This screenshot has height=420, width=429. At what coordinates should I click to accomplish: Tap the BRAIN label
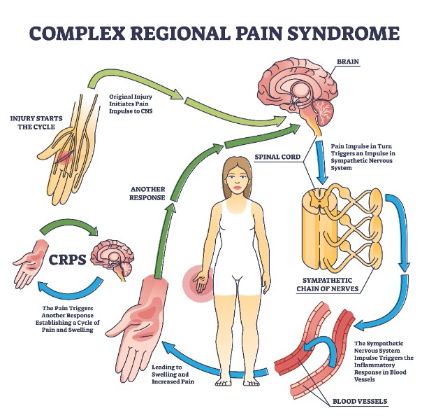point(348,62)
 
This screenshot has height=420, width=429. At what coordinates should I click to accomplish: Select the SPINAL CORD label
point(277,157)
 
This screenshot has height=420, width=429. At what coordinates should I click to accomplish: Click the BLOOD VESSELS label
point(360,402)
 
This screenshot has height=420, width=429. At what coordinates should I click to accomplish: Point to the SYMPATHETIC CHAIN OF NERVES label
point(328,285)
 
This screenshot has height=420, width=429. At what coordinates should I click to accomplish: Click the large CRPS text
point(67,260)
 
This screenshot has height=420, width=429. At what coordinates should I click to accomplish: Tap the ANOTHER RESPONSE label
point(147,193)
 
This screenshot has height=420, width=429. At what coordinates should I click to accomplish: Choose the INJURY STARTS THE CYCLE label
point(36,122)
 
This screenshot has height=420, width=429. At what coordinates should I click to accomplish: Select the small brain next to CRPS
point(112,260)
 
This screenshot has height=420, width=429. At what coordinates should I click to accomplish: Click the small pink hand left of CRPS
point(29,263)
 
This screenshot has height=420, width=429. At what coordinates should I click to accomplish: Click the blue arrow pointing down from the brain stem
point(321,162)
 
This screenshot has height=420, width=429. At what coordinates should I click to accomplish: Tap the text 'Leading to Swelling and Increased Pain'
point(173,374)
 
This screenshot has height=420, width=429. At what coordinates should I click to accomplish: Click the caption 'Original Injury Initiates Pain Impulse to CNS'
point(131,104)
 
